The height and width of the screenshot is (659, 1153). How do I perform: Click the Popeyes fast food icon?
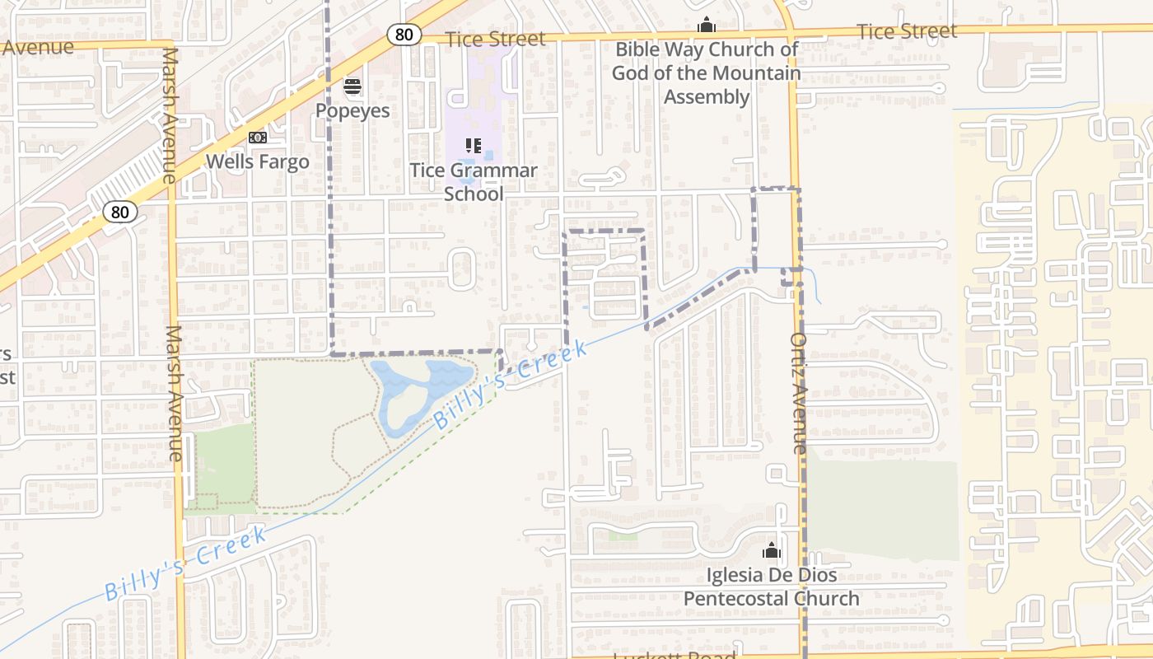352,86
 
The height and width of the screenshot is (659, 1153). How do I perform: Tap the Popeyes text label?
352,110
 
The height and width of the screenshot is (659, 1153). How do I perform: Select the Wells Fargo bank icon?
258,138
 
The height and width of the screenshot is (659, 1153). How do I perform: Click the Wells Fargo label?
258,161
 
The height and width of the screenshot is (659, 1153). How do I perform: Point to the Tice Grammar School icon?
474,146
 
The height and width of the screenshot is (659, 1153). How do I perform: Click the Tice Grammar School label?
474,182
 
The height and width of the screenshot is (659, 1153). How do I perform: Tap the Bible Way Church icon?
706,26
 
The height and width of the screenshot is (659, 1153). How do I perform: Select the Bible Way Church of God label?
706,73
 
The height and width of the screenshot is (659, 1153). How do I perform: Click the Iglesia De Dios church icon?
772,550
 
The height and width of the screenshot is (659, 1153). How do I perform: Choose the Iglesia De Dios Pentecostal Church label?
772,587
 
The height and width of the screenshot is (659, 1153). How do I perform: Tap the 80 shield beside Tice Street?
404,35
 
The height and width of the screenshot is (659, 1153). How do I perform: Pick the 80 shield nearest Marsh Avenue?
120,212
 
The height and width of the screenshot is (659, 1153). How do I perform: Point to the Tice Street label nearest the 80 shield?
495,39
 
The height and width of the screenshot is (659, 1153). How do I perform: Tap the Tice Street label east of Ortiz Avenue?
907,31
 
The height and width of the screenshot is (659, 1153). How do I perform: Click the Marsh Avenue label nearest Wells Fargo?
170,115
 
